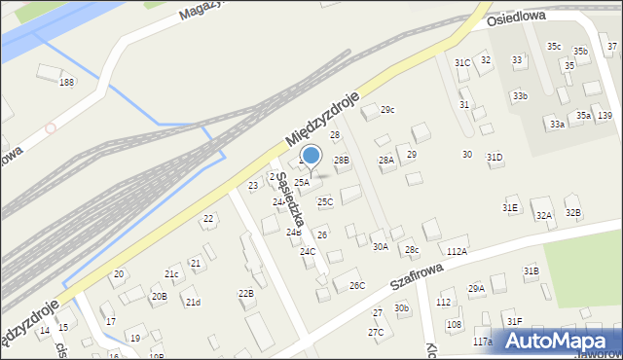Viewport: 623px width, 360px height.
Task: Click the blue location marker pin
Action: (x=311, y=156)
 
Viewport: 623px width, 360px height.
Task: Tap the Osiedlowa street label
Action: (x=515, y=18)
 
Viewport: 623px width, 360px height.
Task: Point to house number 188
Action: (x=66, y=83)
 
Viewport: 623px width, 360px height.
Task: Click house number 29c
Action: (x=387, y=109)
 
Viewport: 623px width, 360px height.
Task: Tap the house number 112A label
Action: (x=457, y=251)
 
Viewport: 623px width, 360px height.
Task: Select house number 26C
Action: (x=357, y=285)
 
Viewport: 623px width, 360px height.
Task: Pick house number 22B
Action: (x=246, y=293)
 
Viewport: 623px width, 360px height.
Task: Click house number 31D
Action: (x=495, y=157)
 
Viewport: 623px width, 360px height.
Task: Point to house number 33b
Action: (x=521, y=95)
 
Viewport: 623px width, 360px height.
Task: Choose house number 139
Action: (x=605, y=116)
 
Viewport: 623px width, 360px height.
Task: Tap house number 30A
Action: (x=381, y=247)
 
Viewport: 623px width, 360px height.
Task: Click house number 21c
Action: (x=171, y=274)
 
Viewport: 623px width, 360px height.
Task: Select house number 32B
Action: (x=572, y=212)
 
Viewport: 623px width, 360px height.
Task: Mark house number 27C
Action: (x=376, y=332)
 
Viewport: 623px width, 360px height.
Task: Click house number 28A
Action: (x=385, y=160)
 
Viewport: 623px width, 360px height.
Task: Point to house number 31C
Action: (x=462, y=63)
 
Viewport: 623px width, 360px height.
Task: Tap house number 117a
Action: (x=483, y=342)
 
